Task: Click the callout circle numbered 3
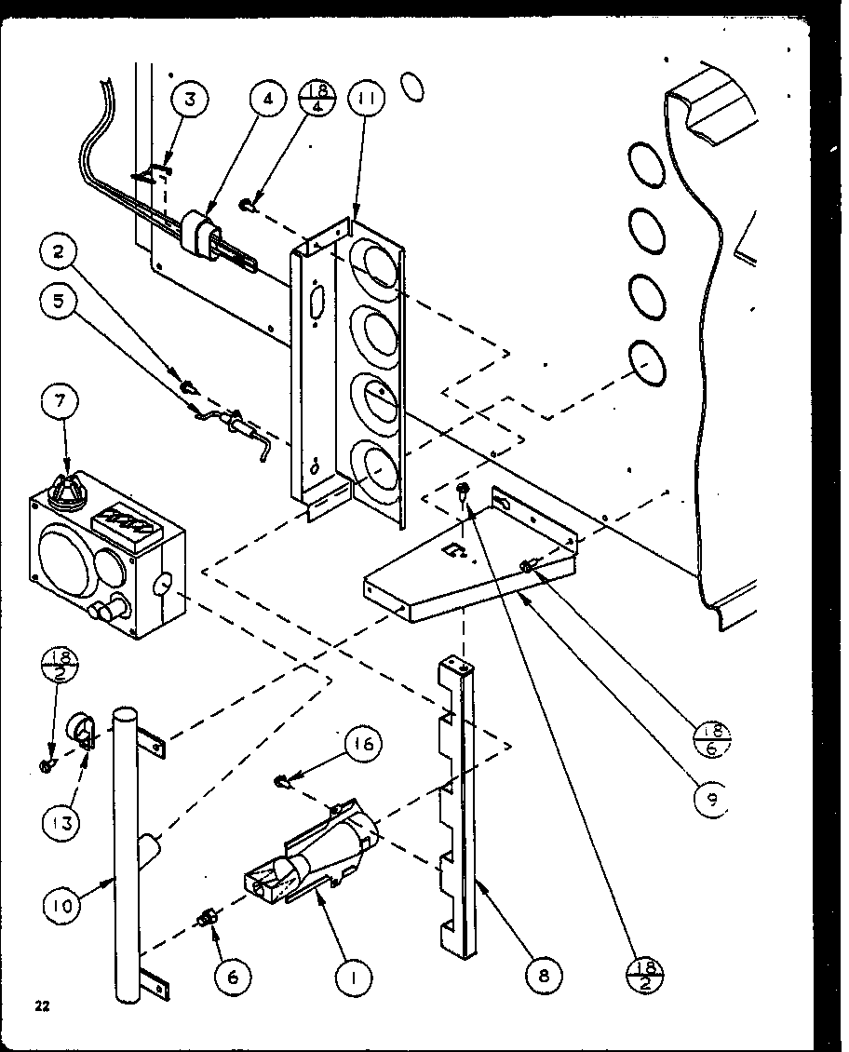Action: (x=190, y=100)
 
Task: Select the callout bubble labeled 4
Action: (x=268, y=100)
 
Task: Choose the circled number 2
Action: (x=59, y=250)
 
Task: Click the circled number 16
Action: (x=364, y=745)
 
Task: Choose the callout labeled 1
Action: (x=355, y=976)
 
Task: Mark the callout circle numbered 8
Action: (x=541, y=976)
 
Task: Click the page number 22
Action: (x=42, y=1005)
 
